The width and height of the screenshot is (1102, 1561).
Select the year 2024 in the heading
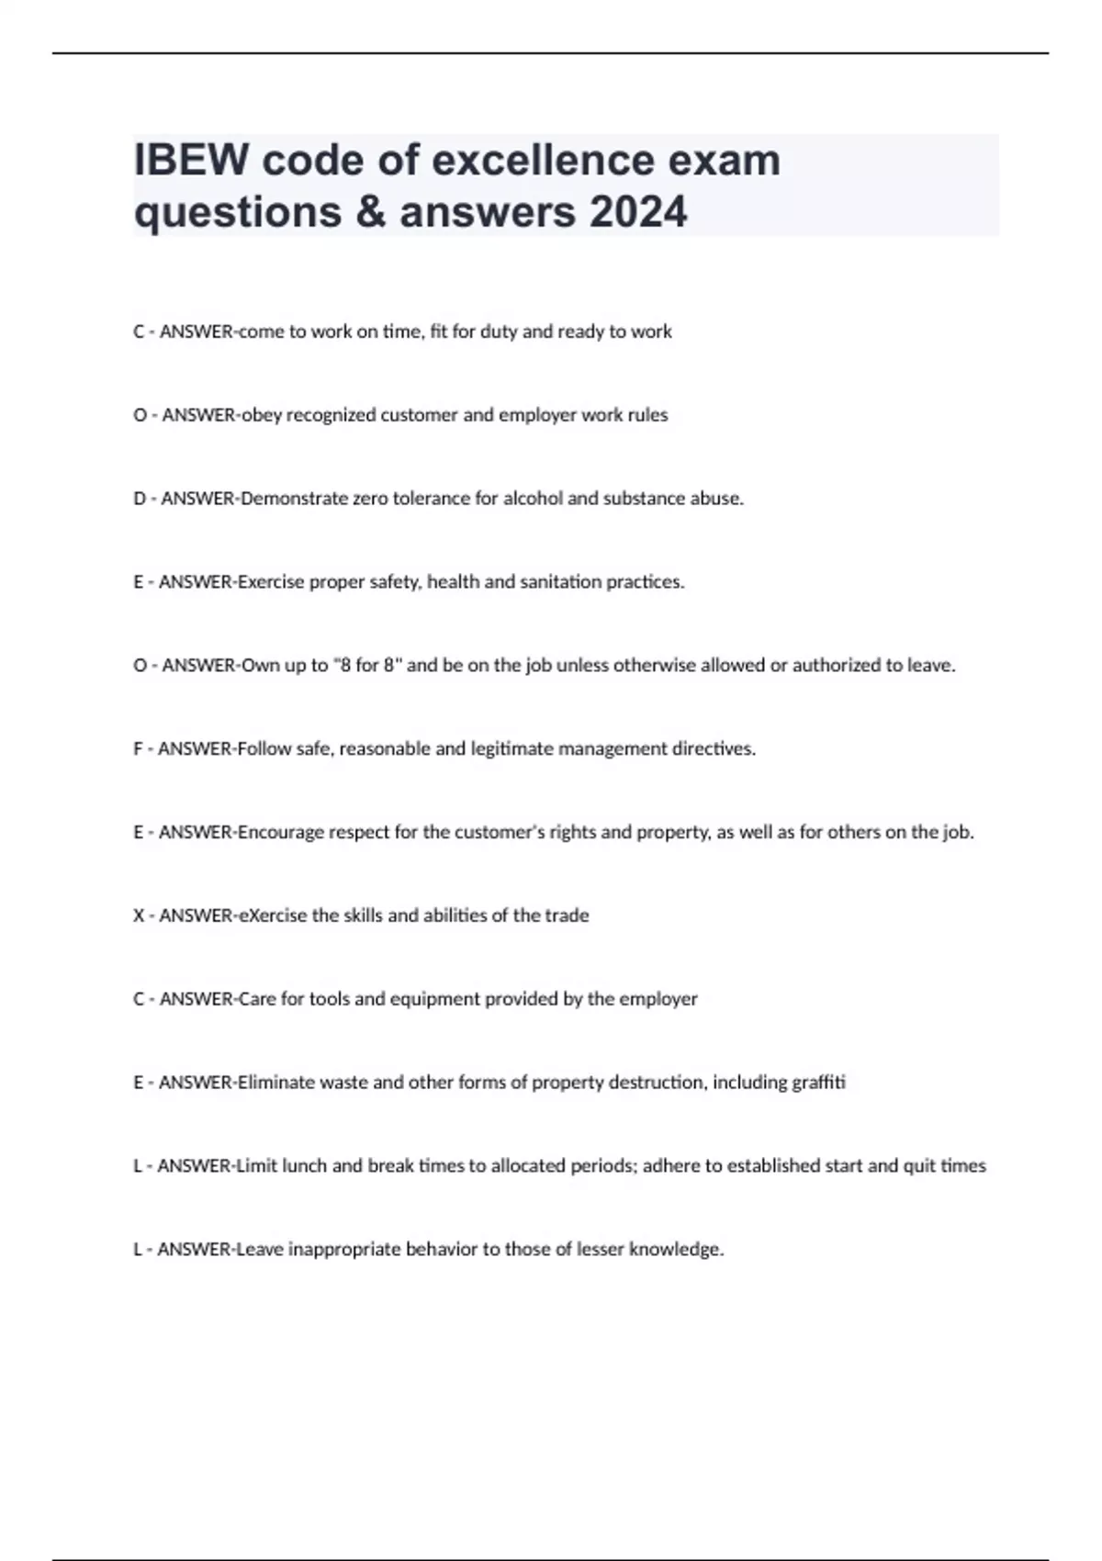[638, 212]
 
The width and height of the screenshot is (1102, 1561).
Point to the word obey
[262, 415]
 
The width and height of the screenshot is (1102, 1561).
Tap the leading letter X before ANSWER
[139, 915]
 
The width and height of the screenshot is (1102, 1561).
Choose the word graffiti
[817, 1083]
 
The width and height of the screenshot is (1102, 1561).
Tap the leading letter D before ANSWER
[140, 499]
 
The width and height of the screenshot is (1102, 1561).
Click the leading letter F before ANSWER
[138, 749]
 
